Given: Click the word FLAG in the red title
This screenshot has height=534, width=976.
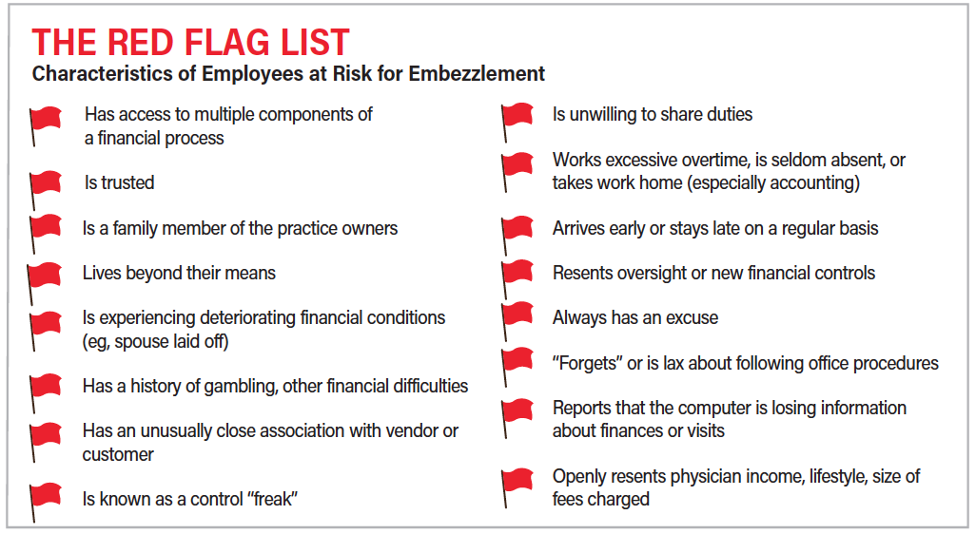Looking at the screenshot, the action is coord(227,43).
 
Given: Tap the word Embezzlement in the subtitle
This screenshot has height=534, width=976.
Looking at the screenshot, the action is coord(477,73).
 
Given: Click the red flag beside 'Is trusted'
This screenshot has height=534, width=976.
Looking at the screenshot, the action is coord(46,189).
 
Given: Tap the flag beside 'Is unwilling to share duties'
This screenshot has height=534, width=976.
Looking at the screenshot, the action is coord(517,122).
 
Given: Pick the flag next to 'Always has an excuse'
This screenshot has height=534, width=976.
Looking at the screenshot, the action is coord(517,321).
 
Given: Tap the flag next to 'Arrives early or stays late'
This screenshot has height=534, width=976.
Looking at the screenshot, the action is coord(517,235).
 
